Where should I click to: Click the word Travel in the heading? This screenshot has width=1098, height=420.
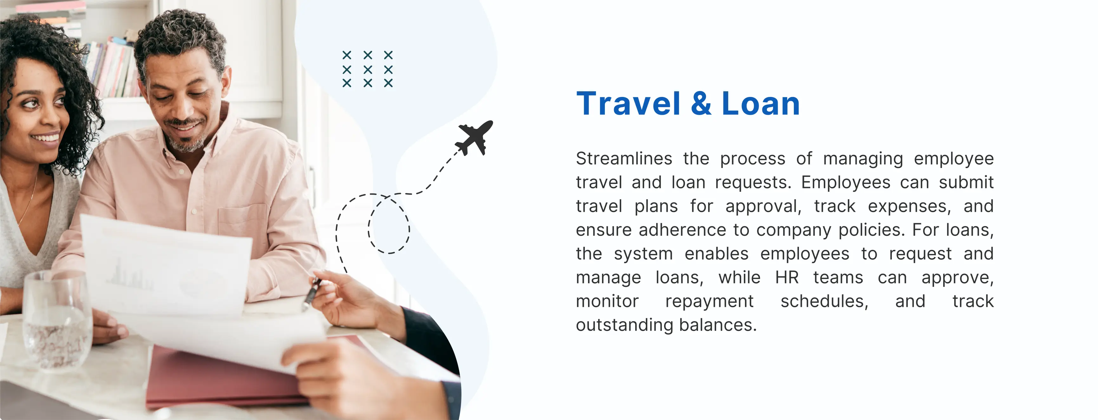click(x=628, y=104)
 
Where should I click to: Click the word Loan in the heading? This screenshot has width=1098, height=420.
click(x=761, y=104)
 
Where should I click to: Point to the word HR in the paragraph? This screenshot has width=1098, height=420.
click(x=787, y=277)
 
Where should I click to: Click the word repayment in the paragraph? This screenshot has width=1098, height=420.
click(x=709, y=301)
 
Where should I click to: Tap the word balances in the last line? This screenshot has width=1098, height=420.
click(x=718, y=325)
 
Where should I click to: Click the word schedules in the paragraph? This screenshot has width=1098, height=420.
click(x=824, y=301)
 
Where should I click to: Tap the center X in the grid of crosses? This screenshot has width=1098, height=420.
click(x=367, y=69)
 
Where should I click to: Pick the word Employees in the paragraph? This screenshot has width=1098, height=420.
click(x=846, y=182)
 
